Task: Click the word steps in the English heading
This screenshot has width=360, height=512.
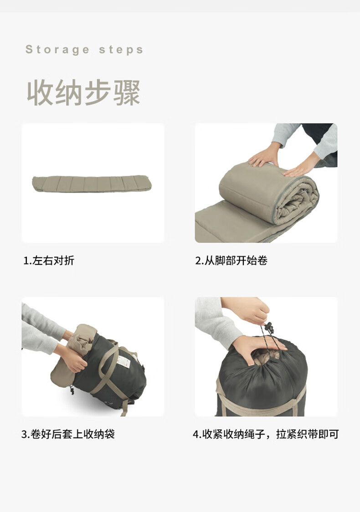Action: (x=121, y=49)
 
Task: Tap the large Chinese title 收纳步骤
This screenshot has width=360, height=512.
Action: (x=83, y=92)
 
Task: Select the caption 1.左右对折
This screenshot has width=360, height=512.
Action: (x=49, y=261)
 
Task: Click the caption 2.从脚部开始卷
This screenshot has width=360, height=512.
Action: (x=231, y=261)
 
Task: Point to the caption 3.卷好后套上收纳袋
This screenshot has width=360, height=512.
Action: (x=68, y=434)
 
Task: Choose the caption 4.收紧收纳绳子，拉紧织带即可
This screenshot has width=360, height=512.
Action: (x=266, y=434)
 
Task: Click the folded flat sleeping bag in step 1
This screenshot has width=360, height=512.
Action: (x=91, y=184)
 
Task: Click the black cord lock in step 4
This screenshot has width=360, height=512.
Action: (x=269, y=327)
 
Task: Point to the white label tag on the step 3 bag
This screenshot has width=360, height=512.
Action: (x=123, y=361)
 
